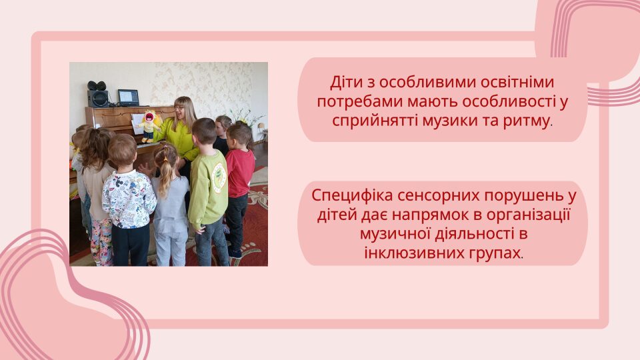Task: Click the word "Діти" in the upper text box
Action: coord(345,83)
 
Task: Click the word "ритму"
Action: coord(527,121)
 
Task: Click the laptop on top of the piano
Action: coord(128,98)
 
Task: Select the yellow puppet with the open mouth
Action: coord(150,126)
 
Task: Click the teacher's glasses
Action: coord(179,108)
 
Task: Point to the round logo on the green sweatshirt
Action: coord(219,177)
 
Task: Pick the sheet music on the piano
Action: coord(137,124)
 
